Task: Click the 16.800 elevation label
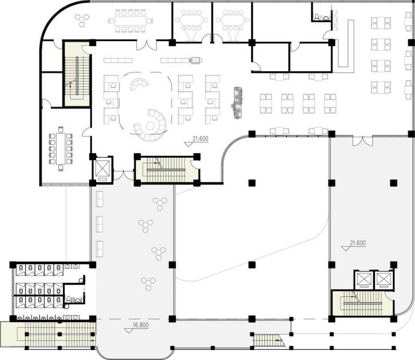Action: [140, 325]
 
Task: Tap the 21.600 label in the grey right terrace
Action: [358, 243]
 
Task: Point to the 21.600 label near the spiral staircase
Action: [200, 139]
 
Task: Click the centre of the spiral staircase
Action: [150, 125]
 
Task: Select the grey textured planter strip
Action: [237, 103]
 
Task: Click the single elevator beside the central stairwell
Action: [102, 169]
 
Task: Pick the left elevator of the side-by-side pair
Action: [364, 280]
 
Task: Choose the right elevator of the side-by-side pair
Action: [384, 280]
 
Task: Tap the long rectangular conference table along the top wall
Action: [131, 21]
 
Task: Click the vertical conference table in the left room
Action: [61, 148]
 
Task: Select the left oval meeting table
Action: [192, 20]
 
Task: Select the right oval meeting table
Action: [233, 20]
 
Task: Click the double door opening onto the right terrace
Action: [362, 141]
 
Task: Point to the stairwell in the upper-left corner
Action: [77, 74]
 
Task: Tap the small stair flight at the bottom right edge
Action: [268, 340]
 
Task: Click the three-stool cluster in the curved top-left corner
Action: [82, 20]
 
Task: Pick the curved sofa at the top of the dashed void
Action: [139, 84]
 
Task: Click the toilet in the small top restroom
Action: [317, 17]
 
